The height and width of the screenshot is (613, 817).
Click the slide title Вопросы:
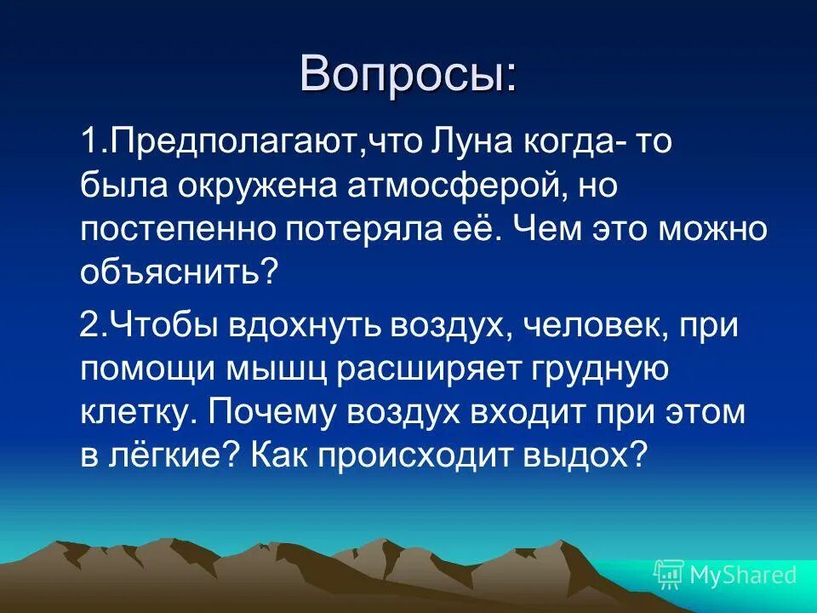408,74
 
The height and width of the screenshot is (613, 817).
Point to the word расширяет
410,370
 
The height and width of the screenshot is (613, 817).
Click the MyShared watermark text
743,576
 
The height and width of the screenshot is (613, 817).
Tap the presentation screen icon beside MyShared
669,575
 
